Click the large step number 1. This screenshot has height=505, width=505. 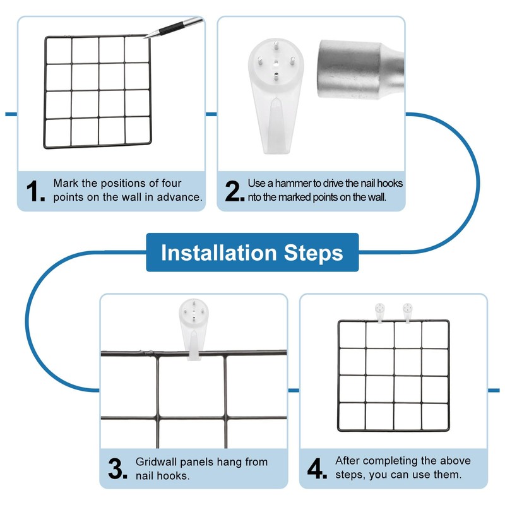click(x=35, y=191)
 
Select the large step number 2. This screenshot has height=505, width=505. click(x=234, y=191)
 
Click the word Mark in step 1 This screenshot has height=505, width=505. click(x=66, y=183)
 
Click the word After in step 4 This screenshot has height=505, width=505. click(x=348, y=461)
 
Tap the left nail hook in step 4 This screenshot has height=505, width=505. click(x=380, y=311)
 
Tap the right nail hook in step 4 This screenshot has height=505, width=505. click(x=408, y=311)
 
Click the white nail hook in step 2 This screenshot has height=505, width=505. click(x=276, y=95)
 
